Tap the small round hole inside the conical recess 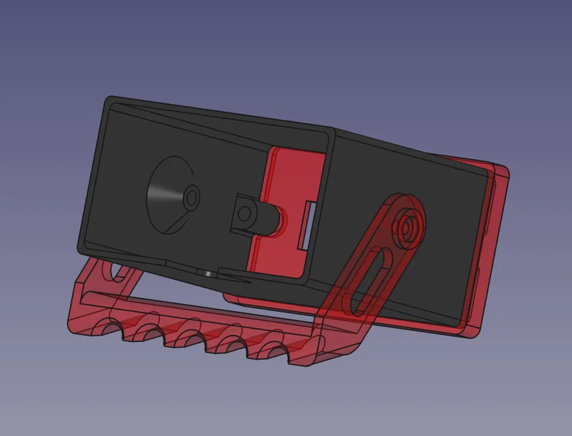point(190,198)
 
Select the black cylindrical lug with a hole point(244,212)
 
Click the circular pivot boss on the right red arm point(406,226)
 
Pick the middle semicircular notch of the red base point(189,340)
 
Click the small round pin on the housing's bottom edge point(209,273)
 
